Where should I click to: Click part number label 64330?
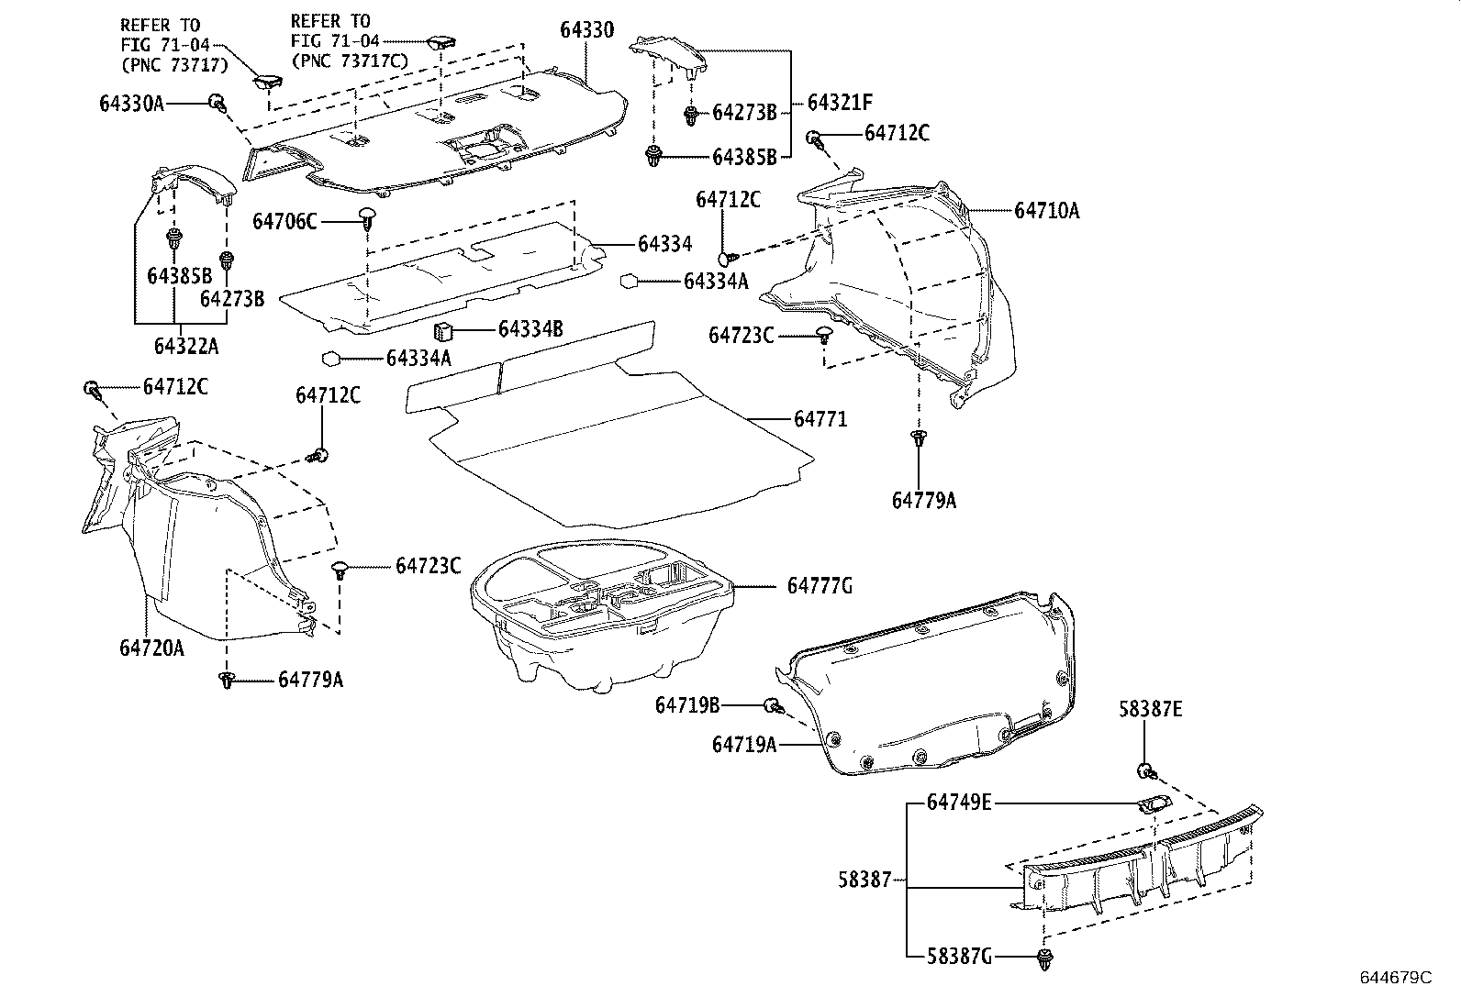pyautogui.click(x=586, y=29)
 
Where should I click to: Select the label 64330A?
pyautogui.click(x=132, y=104)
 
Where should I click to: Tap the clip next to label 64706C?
pyautogui.click(x=368, y=218)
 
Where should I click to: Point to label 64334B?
pyautogui.click(x=530, y=328)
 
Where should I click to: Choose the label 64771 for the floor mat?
pyautogui.click(x=820, y=419)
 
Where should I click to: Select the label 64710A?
pyautogui.click(x=1047, y=211)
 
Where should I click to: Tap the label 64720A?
pyautogui.click(x=151, y=648)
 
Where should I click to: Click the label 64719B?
pyautogui.click(x=687, y=704)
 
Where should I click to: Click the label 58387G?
pyautogui.click(x=959, y=958)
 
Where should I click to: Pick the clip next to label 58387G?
pyautogui.click(x=1044, y=959)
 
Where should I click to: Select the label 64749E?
pyautogui.click(x=959, y=803)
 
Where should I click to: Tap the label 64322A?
pyautogui.click(x=186, y=346)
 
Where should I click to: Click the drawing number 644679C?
pyautogui.click(x=1395, y=978)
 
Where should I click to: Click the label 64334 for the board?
pyautogui.click(x=664, y=244)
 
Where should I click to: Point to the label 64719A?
pyautogui.click(x=744, y=745)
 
